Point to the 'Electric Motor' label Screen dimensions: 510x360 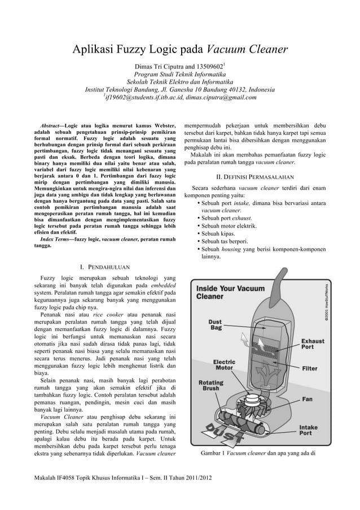tap(224, 365)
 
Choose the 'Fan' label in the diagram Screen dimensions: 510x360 tap(307, 399)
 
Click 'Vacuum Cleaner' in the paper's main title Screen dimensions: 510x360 tap(248, 51)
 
